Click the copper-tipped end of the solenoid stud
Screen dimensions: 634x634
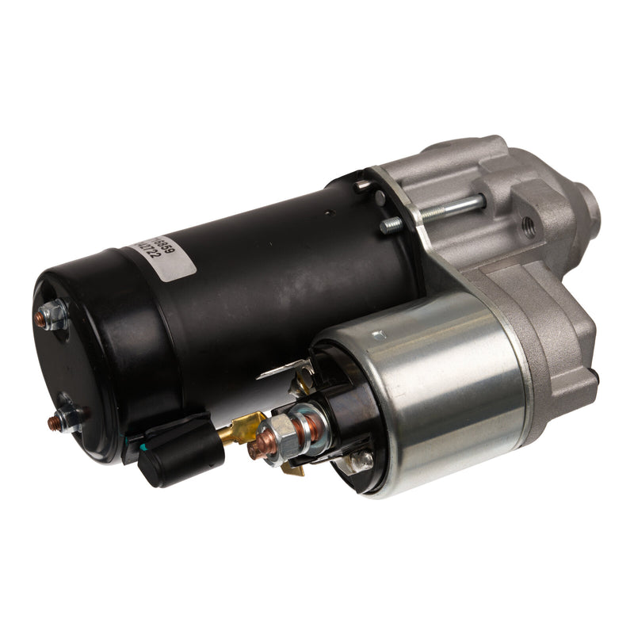point(256,449)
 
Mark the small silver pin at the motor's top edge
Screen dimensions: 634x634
point(361,185)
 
